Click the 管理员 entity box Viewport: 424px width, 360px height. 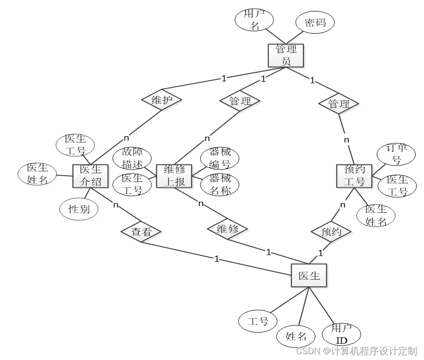[286, 55]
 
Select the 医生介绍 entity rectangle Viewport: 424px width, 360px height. [90, 176]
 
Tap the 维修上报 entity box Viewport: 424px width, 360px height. [175, 176]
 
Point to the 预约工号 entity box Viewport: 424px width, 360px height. [354, 176]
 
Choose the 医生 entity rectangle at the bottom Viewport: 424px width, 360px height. [309, 276]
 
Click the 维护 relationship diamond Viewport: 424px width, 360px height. [162, 100]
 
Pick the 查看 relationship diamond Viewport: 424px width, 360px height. [141, 232]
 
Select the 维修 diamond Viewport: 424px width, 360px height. [227, 229]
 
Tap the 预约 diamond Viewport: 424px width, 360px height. [331, 232]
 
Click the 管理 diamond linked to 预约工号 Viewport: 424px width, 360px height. [339, 103]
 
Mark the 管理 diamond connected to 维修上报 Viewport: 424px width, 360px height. [240, 101]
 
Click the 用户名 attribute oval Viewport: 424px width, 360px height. [254, 20]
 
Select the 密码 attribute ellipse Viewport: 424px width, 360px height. [315, 23]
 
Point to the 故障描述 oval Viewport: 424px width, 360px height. [132, 158]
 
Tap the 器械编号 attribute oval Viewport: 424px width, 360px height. [220, 158]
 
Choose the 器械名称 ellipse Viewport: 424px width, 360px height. [220, 184]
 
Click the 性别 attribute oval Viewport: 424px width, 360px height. [79, 209]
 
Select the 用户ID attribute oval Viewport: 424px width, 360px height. [341, 334]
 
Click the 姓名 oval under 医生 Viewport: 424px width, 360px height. [296, 336]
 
